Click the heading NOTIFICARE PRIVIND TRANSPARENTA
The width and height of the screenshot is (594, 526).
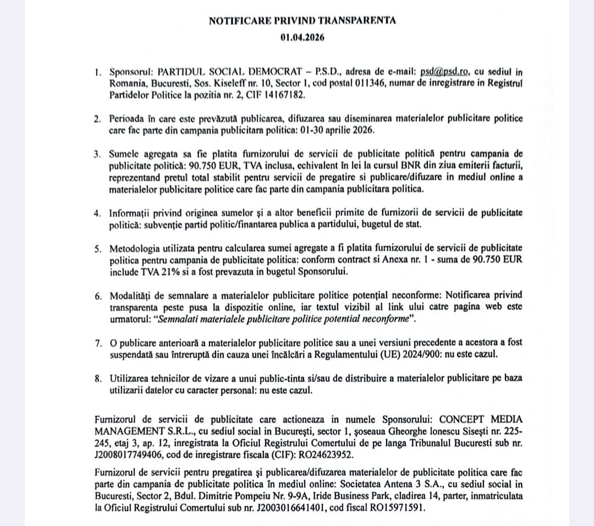[x=302, y=21]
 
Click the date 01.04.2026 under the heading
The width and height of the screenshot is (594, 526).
[x=302, y=38]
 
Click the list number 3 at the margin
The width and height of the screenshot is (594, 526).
[x=97, y=153]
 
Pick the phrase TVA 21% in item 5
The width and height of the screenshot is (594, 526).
[x=170, y=272]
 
